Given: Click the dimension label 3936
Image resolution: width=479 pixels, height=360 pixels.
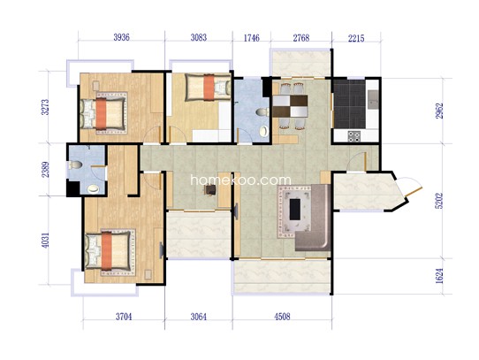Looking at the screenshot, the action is tap(122, 37).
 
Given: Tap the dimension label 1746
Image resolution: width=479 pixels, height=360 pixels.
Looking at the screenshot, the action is tap(251, 38).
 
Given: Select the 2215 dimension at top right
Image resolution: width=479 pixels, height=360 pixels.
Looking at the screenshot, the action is tap(356, 38).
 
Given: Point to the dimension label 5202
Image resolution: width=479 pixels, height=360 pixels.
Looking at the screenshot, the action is tap(439, 200).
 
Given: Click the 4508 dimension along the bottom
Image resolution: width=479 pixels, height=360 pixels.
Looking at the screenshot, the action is tap(282, 317).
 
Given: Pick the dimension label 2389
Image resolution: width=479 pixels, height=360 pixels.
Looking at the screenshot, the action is tap(45, 170).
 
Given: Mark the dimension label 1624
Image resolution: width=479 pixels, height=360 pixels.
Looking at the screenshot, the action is tap(439, 276).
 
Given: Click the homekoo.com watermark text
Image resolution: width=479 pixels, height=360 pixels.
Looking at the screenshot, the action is tap(240, 180).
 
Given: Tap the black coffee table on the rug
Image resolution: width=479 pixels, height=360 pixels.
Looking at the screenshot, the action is tap(295, 210).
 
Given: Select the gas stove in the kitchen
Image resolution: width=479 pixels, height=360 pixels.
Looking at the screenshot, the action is tap(354, 136).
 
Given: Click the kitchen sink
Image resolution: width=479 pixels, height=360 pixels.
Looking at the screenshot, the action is tap(373, 100).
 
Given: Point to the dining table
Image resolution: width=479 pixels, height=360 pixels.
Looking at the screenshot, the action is tap(290, 106).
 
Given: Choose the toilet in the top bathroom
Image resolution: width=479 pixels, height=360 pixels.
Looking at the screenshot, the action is tap(262, 112).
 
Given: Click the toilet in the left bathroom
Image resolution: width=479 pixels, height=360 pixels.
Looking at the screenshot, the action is tap(75, 165).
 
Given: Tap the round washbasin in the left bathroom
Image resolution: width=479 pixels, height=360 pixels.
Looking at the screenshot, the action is tap(93, 189).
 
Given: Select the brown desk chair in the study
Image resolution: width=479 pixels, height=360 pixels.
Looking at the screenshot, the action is tap(210, 190).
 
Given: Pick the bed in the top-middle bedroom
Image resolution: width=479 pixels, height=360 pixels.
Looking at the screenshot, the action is tap(208, 88).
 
